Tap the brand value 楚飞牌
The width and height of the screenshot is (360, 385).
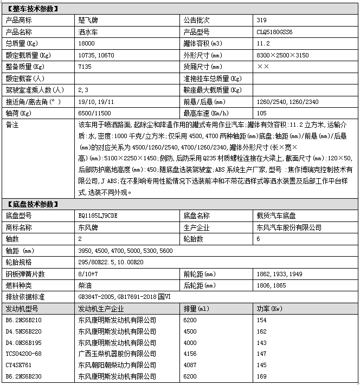pyautogui.click(x=87, y=21)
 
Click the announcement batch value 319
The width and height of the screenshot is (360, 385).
pyautogui.click(x=262, y=21)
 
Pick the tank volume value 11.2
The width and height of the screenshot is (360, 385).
pyautogui.click(x=262, y=43)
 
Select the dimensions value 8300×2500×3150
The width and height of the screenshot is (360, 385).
pyautogui.click(x=282, y=55)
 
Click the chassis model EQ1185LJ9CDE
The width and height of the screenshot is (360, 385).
pyautogui.click(x=98, y=216)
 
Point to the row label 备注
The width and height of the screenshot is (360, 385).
pyautogui.click(x=12, y=125)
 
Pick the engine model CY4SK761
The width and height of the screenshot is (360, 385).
pyautogui.click(x=19, y=365)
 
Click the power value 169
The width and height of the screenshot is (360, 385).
pyautogui.click(x=261, y=376)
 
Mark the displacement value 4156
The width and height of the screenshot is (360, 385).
pyautogui.click(x=191, y=354)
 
